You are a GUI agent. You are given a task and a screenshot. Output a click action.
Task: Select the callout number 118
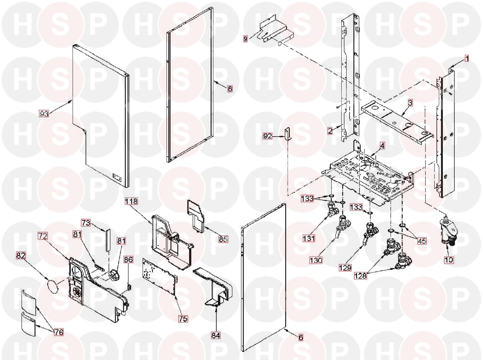131,201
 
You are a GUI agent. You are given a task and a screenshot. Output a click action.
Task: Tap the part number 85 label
223,240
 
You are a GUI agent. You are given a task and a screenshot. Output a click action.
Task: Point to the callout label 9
246,39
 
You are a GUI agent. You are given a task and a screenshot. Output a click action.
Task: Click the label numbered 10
449,259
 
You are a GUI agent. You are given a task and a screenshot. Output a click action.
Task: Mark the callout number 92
267,136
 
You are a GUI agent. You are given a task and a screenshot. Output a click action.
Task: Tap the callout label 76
59,332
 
